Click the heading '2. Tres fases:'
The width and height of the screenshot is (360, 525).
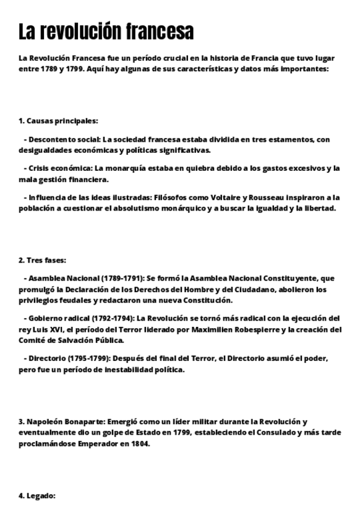pos(42,260)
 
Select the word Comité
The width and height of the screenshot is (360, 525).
pos(33,340)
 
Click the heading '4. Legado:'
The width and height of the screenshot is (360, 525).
pos(37,496)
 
